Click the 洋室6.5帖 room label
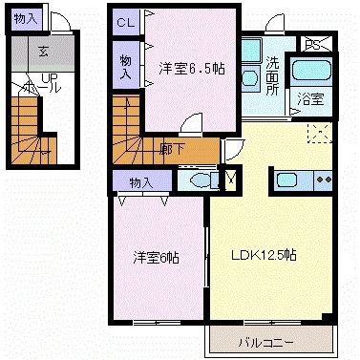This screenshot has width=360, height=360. pos(193,68)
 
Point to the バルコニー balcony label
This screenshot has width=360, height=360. pos(271,342)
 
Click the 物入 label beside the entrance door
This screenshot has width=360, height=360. pos(27,18)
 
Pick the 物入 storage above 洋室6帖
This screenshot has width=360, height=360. pos(140,181)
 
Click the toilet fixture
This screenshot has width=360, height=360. pos(199,179)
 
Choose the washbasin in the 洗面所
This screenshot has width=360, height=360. pos(249,76)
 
